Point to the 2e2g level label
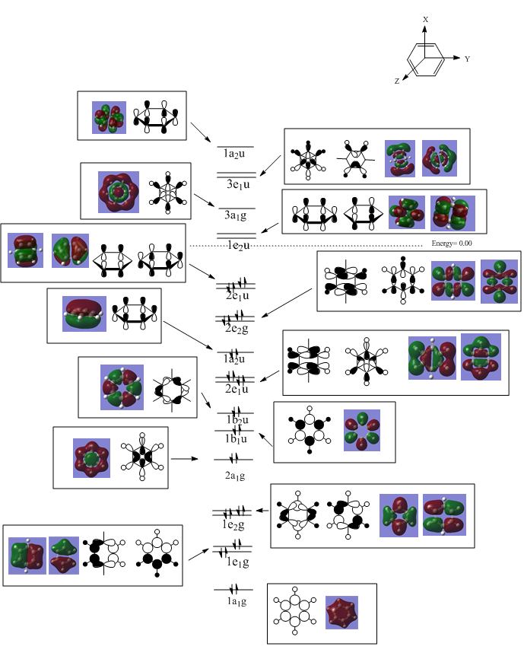coord(236,328)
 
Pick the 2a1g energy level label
coord(234,476)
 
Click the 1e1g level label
coord(236,562)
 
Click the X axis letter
coord(426,19)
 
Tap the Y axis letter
coord(466,59)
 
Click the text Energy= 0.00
coord(452,243)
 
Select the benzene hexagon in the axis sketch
coord(424,59)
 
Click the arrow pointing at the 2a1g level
coord(185,459)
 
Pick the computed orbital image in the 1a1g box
coord(340,613)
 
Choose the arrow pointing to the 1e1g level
coord(199,552)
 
